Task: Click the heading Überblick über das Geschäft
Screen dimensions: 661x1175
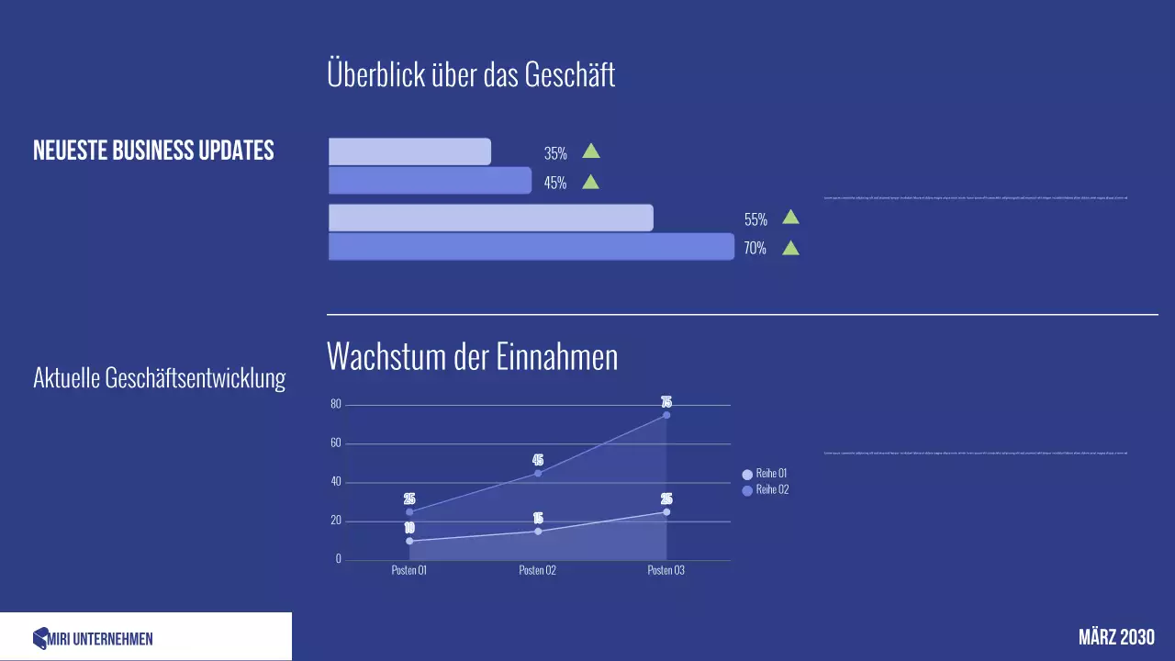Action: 471,74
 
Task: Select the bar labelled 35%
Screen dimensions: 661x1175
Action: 409,151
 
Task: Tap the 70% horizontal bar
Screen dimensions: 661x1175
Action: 531,247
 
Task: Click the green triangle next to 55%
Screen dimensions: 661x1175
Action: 790,218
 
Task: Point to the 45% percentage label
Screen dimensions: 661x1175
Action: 555,183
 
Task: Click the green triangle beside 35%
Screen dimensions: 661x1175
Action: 591,151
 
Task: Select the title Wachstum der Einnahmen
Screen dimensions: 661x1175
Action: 472,357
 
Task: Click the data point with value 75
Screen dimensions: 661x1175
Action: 666,415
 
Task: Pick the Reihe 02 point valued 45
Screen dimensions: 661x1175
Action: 538,473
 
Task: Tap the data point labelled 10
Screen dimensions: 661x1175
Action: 409,541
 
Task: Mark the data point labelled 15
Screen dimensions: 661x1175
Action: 538,531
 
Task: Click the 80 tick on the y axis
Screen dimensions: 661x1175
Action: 335,405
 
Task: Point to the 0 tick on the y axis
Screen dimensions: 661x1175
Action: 338,559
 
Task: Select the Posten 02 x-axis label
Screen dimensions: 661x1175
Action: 538,570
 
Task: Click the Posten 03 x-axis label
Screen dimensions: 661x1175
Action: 666,570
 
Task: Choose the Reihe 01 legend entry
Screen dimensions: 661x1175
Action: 765,474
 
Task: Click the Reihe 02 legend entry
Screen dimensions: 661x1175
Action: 765,490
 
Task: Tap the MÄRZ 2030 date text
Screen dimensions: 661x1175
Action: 1116,637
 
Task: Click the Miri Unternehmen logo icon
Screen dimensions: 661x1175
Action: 39,639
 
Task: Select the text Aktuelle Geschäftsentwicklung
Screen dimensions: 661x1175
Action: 159,378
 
